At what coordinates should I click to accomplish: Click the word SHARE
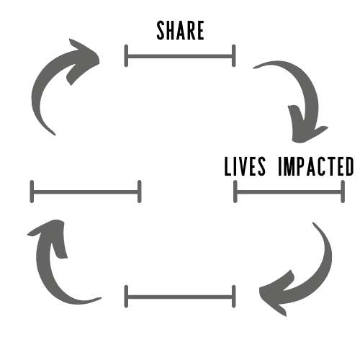180,30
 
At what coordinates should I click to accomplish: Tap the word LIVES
245,166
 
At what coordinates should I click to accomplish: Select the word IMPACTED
316,166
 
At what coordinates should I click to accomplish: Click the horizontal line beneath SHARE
180,57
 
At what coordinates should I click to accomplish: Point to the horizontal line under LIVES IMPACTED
289,192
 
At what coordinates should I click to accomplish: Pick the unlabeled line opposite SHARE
180,297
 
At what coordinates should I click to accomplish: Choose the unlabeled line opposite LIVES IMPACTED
86,192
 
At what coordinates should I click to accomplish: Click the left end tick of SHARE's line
126,55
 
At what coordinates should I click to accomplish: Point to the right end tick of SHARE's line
234,55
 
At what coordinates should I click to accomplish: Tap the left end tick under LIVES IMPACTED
235,192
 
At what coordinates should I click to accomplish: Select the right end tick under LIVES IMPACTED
343,192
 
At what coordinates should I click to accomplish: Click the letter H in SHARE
171,30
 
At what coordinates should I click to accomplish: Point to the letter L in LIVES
228,166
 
